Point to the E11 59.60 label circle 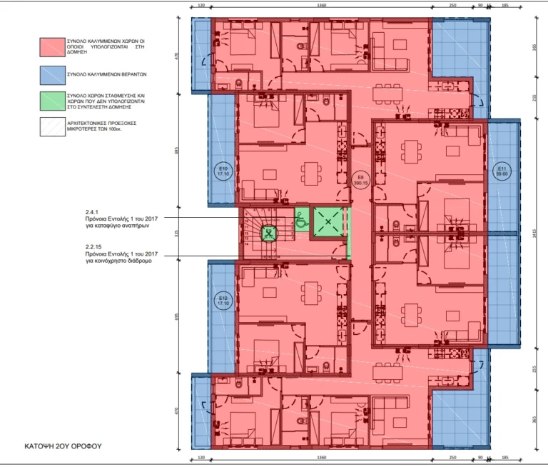point(502,171)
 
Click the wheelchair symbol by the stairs point(302,221)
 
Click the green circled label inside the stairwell point(269,231)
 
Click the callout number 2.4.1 point(92,211)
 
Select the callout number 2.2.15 point(93,246)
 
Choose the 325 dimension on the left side point(178,233)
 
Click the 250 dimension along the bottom point(452,458)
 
